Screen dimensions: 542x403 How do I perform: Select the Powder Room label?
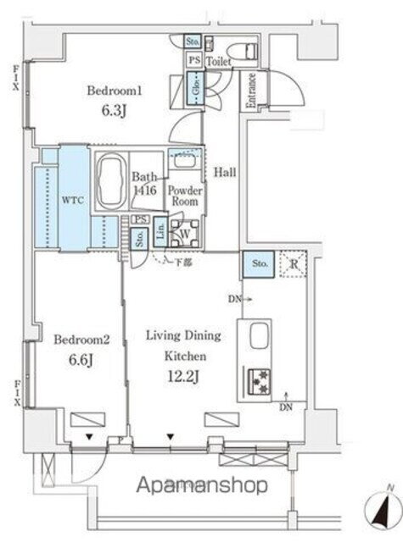pyautogui.click(x=184, y=196)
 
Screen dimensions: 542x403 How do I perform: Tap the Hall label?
pyautogui.click(x=224, y=172)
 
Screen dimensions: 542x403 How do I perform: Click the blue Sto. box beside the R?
pyautogui.click(x=258, y=265)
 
